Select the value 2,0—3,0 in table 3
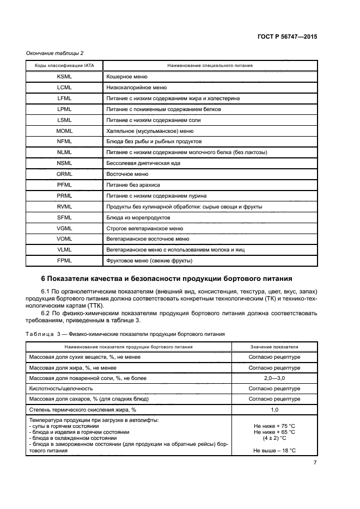click(x=274, y=378)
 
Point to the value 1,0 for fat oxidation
click(x=274, y=409)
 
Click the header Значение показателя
click(x=274, y=346)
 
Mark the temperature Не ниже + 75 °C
click(x=274, y=426)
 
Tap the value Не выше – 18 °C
click(x=274, y=450)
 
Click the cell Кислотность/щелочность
click(x=61, y=388)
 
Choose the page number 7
click(x=315, y=463)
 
